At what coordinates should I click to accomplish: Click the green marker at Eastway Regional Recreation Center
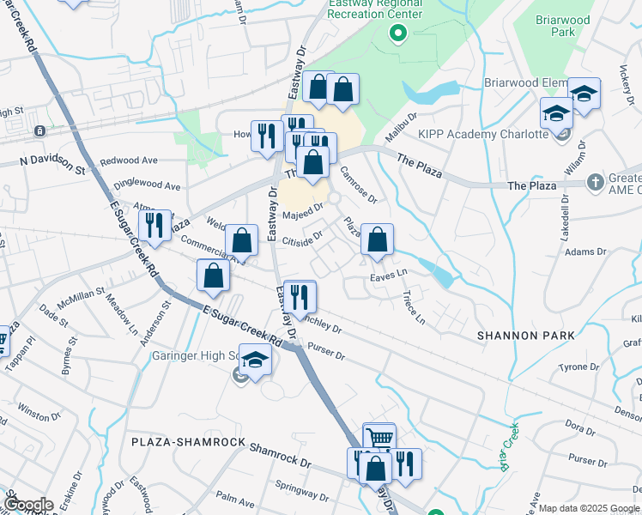click(x=397, y=34)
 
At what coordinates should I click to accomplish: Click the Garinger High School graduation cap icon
click(x=255, y=360)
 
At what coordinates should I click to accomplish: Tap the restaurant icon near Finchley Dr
click(x=299, y=297)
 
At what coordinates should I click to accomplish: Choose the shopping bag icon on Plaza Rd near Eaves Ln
click(x=377, y=239)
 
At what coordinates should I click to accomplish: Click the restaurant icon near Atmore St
click(x=154, y=225)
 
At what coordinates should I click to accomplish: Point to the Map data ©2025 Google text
click(x=585, y=508)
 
